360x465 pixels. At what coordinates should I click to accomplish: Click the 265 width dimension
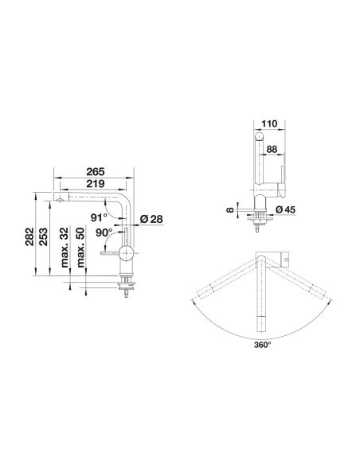96,172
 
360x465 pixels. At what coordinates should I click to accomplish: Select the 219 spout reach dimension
96,184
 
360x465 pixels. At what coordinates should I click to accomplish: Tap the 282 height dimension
29,236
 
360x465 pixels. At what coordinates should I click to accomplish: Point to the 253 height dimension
43,236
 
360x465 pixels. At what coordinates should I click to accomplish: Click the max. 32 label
65,248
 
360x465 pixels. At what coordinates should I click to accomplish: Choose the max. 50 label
80,248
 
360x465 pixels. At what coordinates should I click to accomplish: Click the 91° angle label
99,217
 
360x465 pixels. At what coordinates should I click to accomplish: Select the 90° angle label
104,232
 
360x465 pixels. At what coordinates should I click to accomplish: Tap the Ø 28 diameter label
151,219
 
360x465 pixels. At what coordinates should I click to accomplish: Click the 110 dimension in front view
269,123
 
